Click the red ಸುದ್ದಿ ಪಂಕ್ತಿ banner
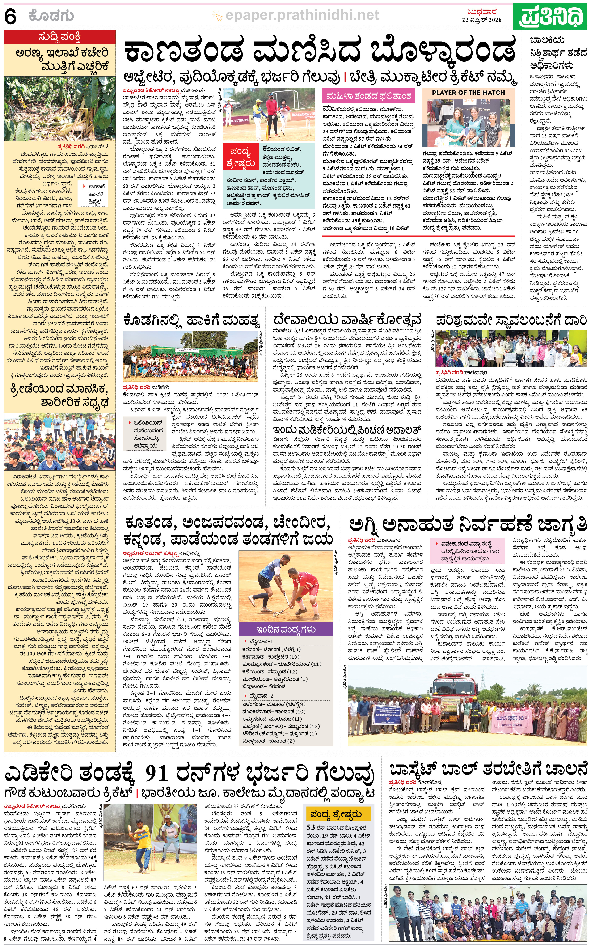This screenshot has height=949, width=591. (59, 37)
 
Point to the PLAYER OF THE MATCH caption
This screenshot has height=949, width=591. (468, 93)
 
